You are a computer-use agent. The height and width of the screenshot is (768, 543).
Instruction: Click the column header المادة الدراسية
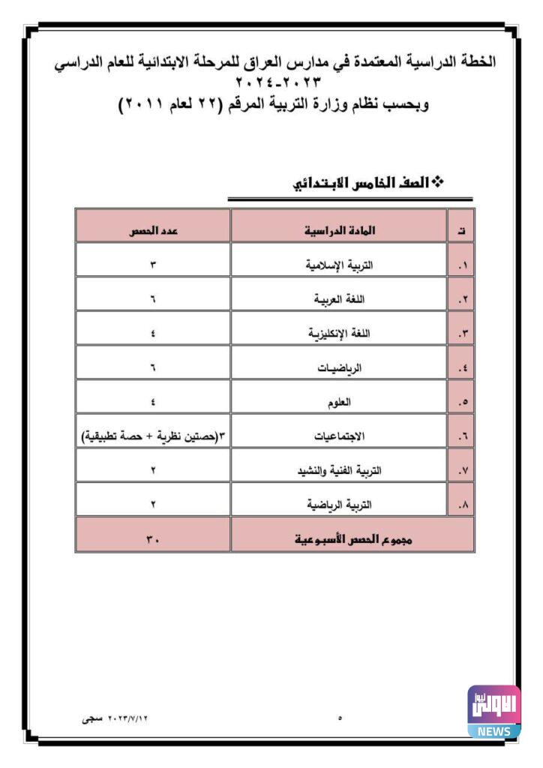click(x=340, y=231)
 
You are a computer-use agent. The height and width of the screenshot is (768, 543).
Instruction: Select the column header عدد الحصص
click(x=152, y=231)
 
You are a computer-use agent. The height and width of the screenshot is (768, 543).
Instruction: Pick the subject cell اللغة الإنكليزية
click(x=340, y=333)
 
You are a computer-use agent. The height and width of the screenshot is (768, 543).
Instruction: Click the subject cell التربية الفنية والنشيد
click(x=340, y=471)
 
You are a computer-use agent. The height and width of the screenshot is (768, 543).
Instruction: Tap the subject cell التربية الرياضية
click(x=340, y=505)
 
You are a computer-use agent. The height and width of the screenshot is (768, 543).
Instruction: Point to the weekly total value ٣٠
click(x=152, y=540)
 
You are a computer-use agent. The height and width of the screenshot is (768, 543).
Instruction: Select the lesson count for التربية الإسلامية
click(x=152, y=265)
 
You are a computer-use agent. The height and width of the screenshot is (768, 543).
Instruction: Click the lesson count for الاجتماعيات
click(x=152, y=436)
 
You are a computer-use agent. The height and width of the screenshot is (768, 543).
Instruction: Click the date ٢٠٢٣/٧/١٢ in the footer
click(x=125, y=718)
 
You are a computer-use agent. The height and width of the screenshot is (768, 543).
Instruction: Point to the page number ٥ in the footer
click(x=340, y=718)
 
